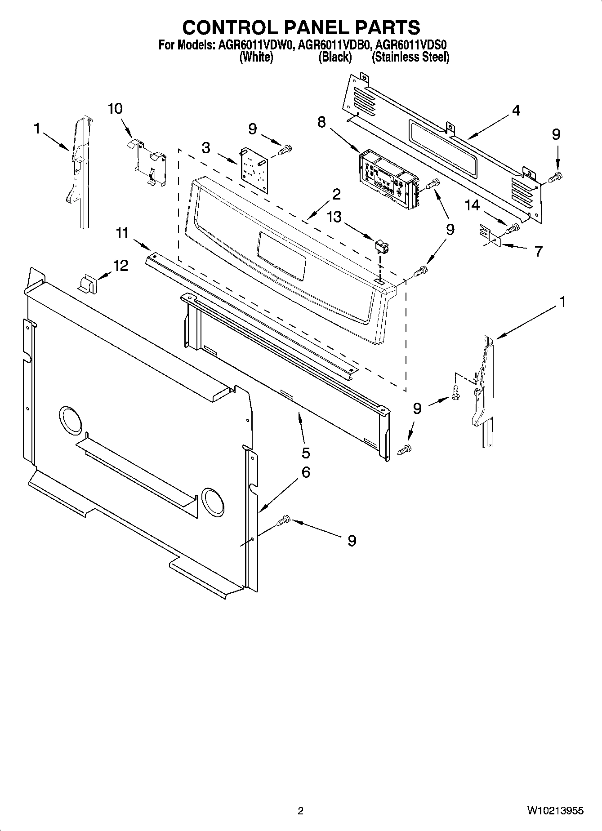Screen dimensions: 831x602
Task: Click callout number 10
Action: click(x=115, y=109)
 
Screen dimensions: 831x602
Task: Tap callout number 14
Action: click(x=472, y=205)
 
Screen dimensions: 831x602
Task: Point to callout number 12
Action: click(x=120, y=266)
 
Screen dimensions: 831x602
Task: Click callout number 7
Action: click(x=538, y=251)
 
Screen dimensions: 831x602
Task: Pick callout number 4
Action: click(x=516, y=110)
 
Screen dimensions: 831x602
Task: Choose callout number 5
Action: click(x=306, y=452)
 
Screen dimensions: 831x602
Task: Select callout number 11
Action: click(x=122, y=233)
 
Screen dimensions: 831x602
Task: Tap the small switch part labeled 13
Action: click(x=381, y=247)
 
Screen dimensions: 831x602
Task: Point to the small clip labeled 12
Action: click(x=89, y=284)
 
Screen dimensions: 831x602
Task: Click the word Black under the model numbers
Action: click(x=335, y=57)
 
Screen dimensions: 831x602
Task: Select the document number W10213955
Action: click(x=555, y=811)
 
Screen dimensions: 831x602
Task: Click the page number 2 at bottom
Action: click(x=301, y=811)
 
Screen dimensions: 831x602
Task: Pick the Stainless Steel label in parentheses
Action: click(x=410, y=57)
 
